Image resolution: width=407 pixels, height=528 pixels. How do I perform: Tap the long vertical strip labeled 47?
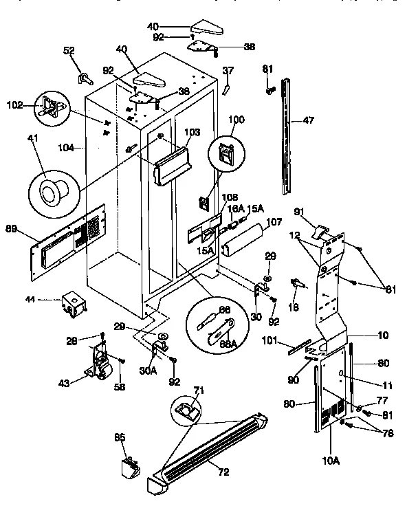pyautogui.click(x=287, y=137)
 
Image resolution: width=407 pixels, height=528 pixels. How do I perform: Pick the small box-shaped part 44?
pyautogui.click(x=72, y=303)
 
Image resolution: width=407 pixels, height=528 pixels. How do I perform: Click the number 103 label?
pyautogui.click(x=192, y=131)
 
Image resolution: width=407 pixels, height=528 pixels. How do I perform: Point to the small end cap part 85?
pyautogui.click(x=129, y=467)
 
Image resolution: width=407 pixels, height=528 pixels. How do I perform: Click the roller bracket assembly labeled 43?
pyautogui.click(x=100, y=362)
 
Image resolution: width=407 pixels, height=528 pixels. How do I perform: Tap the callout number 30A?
pyautogui.click(x=146, y=369)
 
